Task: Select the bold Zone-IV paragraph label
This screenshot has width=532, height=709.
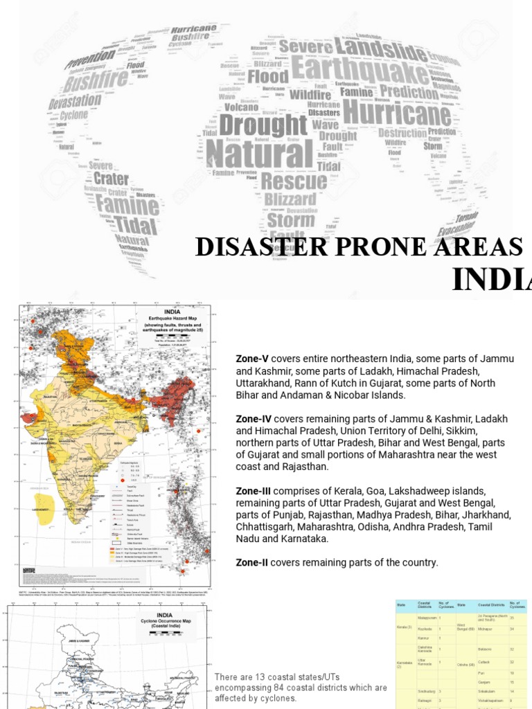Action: [253, 420]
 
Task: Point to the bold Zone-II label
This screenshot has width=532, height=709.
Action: [251, 562]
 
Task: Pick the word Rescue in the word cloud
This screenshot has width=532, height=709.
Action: [294, 181]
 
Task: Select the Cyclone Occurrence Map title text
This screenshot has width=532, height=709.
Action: [165, 618]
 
